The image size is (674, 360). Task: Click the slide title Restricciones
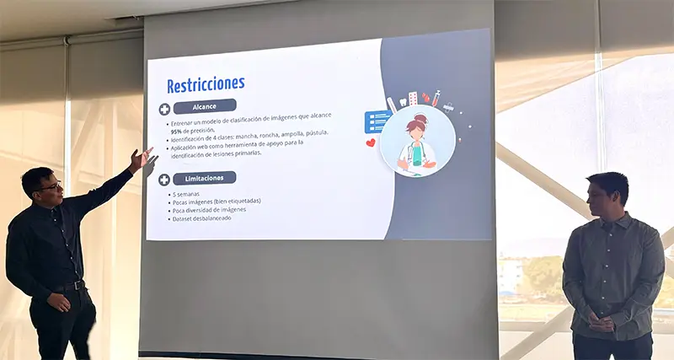pyautogui.click(x=206, y=84)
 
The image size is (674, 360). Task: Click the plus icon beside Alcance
pyautogui.click(x=164, y=109)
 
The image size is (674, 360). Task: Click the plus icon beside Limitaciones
pyautogui.click(x=164, y=180)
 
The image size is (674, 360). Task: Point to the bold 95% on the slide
pyautogui.click(x=177, y=132)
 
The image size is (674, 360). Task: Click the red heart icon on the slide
pyautogui.click(x=371, y=143)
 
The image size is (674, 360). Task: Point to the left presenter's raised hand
pyautogui.click(x=141, y=159)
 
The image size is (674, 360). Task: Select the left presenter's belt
pyautogui.click(x=69, y=287)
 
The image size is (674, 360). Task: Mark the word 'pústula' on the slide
pyautogui.click(x=313, y=133)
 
